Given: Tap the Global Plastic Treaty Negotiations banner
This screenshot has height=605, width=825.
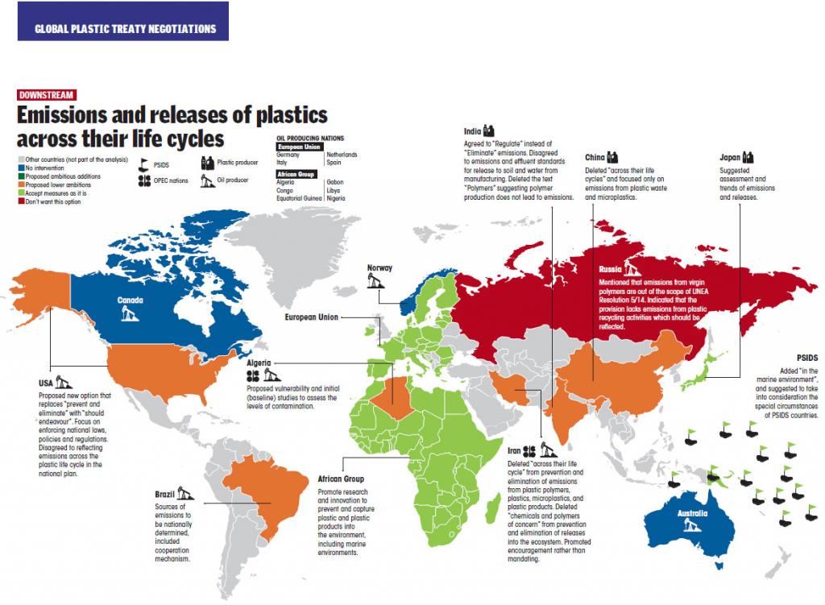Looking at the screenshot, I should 125,29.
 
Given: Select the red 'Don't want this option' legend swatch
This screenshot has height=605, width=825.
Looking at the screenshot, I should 21,201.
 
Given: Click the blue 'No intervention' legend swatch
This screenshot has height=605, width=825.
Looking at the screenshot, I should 21,168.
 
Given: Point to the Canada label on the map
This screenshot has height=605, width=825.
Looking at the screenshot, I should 130,300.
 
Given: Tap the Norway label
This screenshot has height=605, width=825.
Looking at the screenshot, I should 379,268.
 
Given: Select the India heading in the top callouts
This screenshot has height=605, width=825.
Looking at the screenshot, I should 473,131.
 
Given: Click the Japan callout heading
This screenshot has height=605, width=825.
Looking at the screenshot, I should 729,158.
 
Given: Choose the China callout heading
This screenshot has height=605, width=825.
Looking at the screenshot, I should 595,157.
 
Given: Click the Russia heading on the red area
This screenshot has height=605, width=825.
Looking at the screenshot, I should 611,269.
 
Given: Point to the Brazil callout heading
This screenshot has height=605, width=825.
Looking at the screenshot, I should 165,494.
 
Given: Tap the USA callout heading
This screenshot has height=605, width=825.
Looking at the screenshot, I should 47,383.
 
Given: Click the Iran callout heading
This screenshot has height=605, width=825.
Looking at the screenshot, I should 514,452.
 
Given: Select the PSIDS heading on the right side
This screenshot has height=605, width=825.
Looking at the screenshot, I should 806,356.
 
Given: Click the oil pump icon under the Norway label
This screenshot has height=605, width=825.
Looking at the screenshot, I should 373,281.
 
